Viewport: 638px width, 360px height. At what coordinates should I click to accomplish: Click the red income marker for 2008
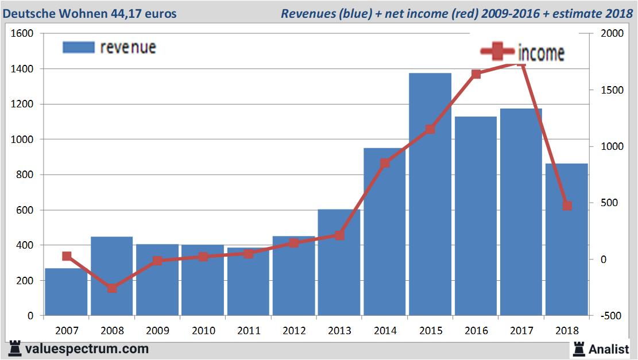[112, 288]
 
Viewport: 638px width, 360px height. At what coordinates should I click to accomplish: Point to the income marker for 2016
[476, 74]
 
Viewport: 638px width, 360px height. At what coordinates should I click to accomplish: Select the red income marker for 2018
[567, 206]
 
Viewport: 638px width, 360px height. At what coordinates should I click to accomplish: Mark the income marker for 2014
[385, 162]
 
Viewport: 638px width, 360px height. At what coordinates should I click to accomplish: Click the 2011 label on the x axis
[248, 331]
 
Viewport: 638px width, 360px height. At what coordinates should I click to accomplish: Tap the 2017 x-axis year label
[521, 331]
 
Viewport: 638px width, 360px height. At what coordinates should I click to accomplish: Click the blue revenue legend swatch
[78, 47]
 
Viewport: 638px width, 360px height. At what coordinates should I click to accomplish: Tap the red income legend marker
[497, 52]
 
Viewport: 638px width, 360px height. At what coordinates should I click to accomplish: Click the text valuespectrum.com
[86, 349]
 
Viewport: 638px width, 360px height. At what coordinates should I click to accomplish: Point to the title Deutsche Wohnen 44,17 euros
[90, 13]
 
